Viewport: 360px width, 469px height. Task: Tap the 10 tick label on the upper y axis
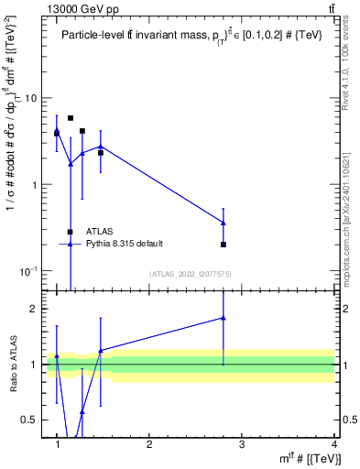click(31, 98)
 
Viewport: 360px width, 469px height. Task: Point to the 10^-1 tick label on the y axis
click(29, 272)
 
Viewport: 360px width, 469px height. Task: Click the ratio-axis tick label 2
click(33, 309)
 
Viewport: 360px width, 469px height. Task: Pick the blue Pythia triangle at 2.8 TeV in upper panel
click(224, 223)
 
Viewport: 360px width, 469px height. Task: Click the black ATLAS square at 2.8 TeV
click(224, 245)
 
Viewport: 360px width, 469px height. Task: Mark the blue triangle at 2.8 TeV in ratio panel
click(224, 318)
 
